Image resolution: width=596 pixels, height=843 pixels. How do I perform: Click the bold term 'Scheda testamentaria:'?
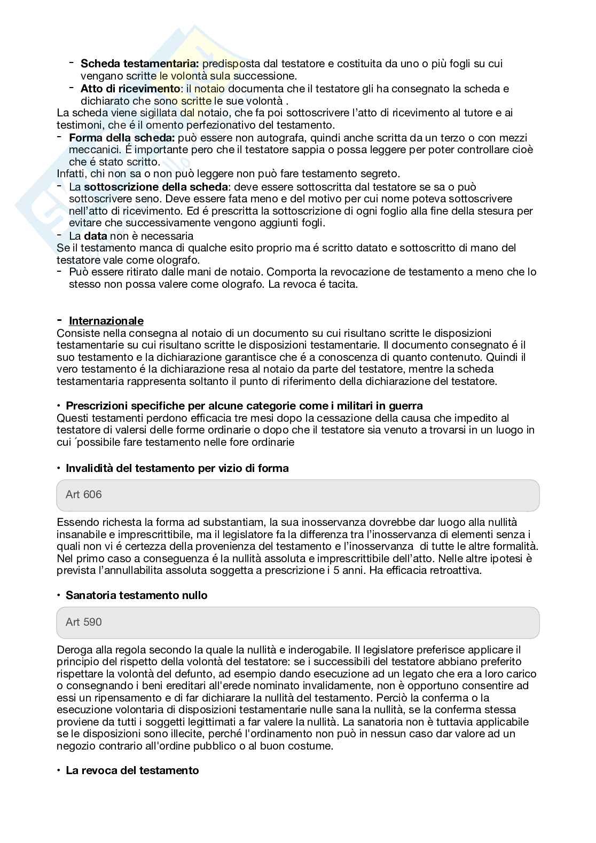(139, 64)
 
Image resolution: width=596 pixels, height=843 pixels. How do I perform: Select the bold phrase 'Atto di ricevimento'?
(130, 88)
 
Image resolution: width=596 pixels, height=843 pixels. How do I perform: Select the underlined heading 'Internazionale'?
(106, 321)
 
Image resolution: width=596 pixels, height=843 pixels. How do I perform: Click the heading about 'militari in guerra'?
(244, 406)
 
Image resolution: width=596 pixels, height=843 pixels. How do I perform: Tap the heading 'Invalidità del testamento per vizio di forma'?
(177, 468)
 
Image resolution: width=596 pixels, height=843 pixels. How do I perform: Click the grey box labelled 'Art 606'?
(297, 495)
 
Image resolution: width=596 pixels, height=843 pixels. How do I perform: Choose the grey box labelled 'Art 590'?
(297, 622)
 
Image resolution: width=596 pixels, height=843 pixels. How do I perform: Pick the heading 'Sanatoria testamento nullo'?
(136, 595)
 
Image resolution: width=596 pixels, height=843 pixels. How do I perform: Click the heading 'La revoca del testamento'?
(132, 770)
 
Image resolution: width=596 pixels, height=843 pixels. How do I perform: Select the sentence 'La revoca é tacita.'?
(313, 284)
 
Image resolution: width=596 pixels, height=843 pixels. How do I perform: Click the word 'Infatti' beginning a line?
(71, 174)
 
